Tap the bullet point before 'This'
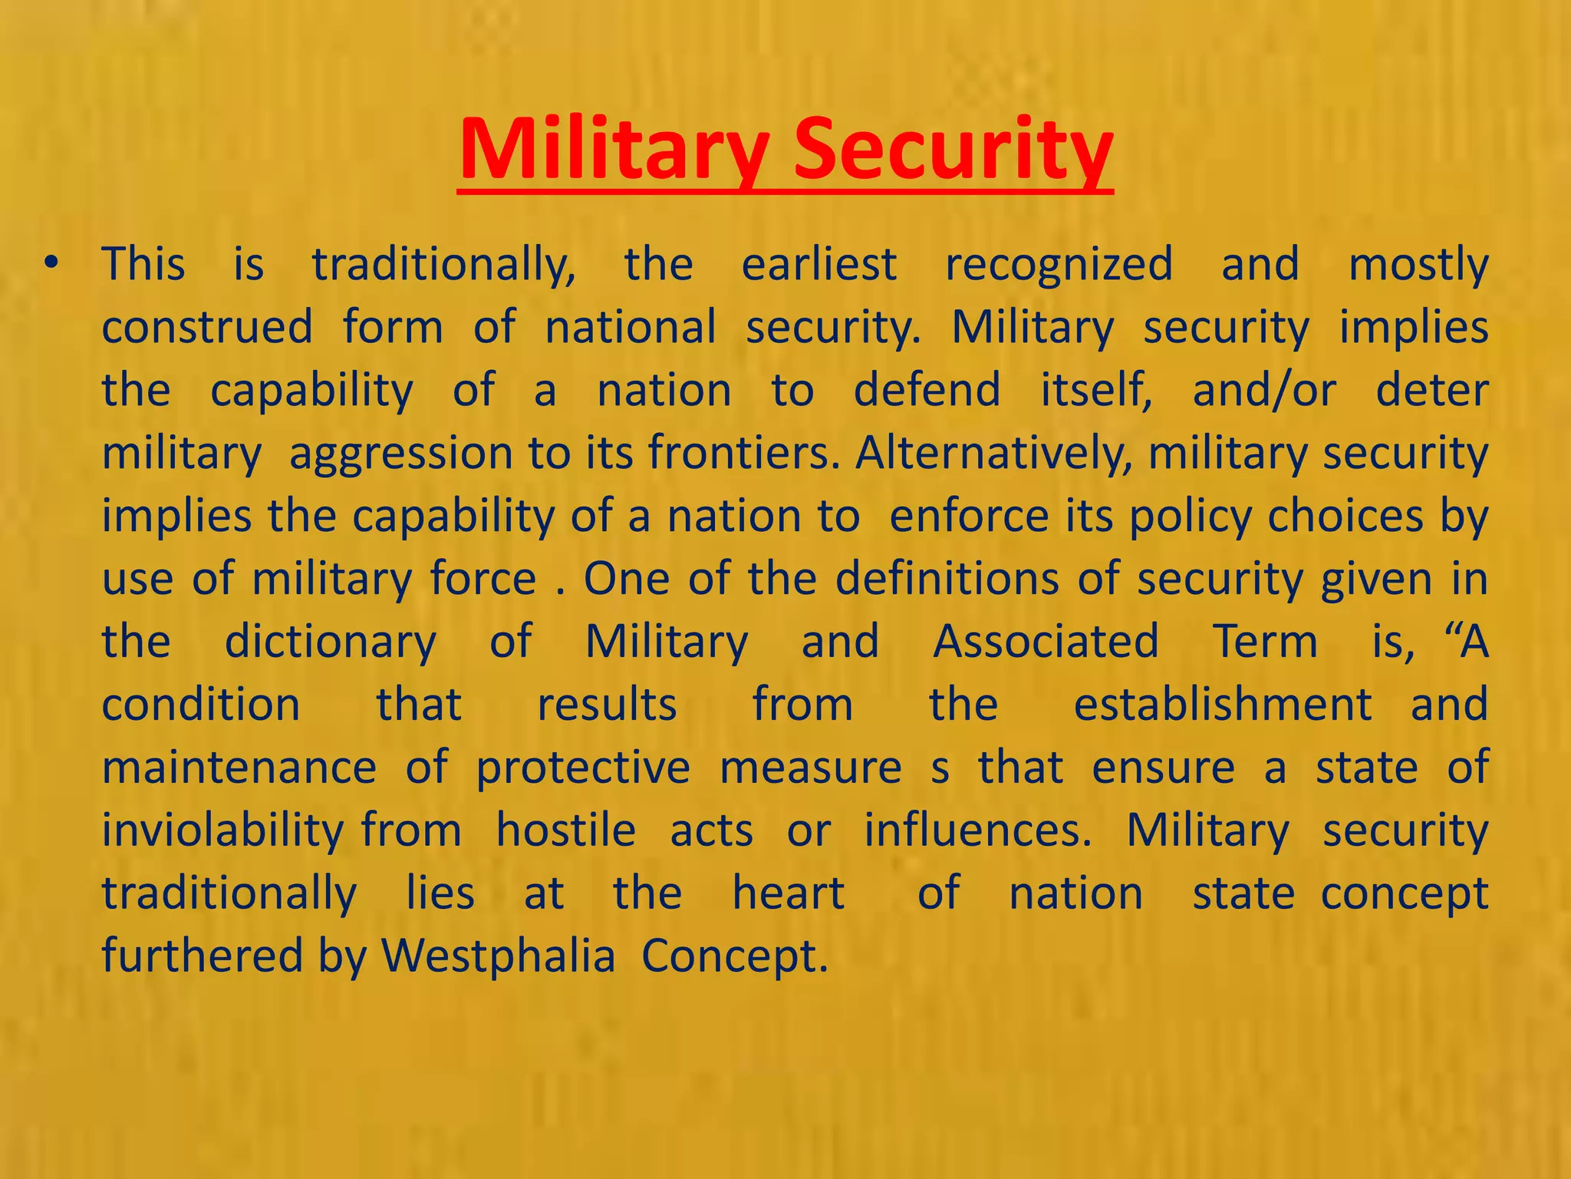click(51, 264)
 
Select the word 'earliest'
click(819, 265)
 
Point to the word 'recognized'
click(1059, 265)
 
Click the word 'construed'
click(207, 328)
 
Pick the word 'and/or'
click(1264, 391)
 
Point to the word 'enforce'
click(969, 516)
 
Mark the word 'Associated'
click(1046, 642)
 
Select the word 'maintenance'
click(239, 768)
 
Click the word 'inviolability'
click(223, 831)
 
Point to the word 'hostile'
click(566, 831)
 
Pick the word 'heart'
click(789, 893)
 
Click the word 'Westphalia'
click(499, 956)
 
